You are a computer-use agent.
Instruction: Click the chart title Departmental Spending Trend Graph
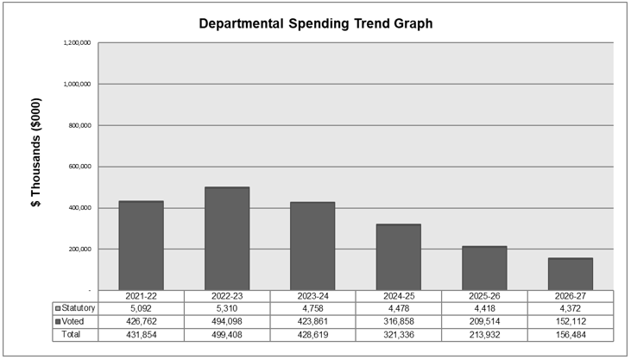click(x=315, y=23)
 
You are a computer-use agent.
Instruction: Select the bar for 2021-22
click(x=141, y=245)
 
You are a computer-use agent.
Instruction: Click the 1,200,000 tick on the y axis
click(x=78, y=42)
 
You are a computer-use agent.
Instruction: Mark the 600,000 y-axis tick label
click(x=79, y=167)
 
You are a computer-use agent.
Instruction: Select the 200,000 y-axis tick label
click(x=79, y=249)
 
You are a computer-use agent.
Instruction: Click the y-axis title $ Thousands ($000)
click(x=37, y=165)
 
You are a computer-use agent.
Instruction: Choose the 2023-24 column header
click(x=312, y=296)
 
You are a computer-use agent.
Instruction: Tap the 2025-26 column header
click(x=484, y=296)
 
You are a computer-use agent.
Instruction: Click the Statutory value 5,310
click(x=227, y=308)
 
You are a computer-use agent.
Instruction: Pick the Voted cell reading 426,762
click(x=141, y=321)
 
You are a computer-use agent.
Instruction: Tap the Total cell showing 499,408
click(x=227, y=334)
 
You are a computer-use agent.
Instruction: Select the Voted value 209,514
click(x=484, y=321)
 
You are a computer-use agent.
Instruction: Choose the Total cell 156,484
click(x=570, y=334)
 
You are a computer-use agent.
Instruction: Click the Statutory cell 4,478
click(x=398, y=308)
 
